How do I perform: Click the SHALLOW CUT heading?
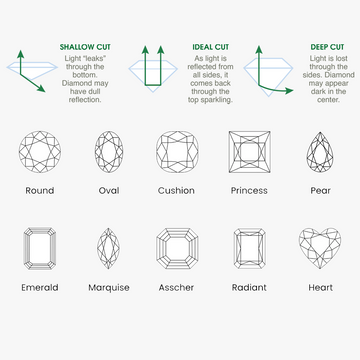(85, 47)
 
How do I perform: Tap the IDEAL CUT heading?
(211, 47)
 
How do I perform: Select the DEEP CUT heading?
(327, 47)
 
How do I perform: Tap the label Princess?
(249, 191)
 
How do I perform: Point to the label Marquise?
(109, 288)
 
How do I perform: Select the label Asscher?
(176, 287)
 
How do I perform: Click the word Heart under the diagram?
(321, 287)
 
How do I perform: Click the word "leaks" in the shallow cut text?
(94, 58)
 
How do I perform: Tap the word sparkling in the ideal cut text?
(218, 100)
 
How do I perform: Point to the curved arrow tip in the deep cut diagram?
(293, 90)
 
